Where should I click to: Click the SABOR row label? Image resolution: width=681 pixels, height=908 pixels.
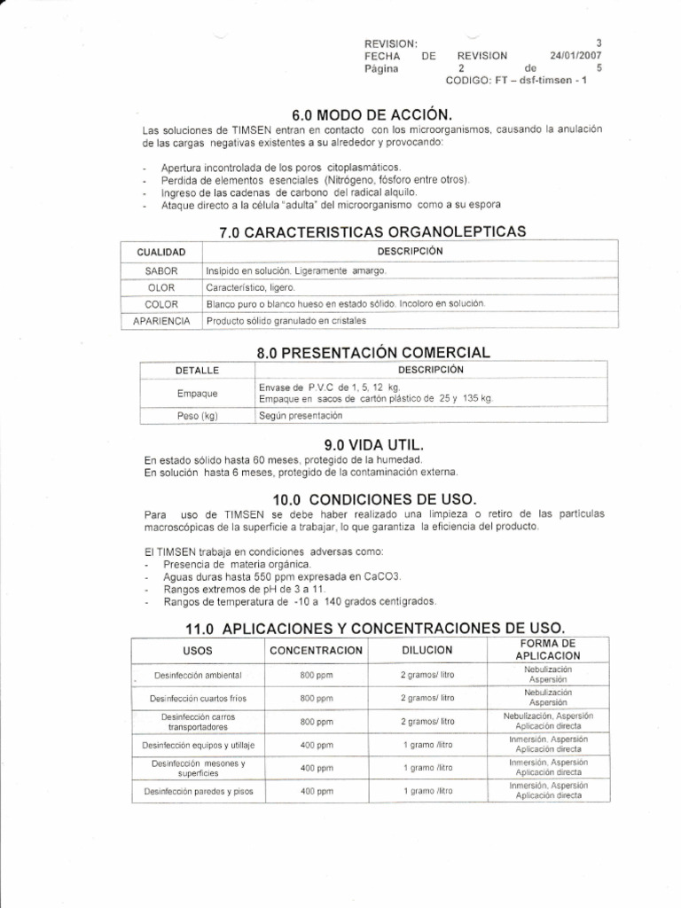[x=162, y=270]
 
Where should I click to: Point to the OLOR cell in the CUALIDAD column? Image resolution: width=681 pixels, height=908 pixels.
[x=162, y=287]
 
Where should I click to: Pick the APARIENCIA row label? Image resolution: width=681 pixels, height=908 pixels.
[x=162, y=320]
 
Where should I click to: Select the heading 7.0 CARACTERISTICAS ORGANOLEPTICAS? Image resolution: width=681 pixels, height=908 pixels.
[x=372, y=232]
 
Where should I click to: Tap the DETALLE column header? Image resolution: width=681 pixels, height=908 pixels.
[x=197, y=370]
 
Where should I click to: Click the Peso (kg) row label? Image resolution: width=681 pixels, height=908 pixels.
[x=197, y=415]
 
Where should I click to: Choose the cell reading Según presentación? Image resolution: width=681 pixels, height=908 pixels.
[x=300, y=415]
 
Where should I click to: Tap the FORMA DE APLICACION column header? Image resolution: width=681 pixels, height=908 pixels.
[x=547, y=648]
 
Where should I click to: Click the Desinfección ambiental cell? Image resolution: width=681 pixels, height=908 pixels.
[x=198, y=676]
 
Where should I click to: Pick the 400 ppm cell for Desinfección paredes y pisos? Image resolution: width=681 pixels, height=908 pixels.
[x=316, y=791]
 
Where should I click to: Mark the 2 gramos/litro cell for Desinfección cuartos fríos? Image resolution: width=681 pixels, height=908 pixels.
[x=428, y=699]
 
